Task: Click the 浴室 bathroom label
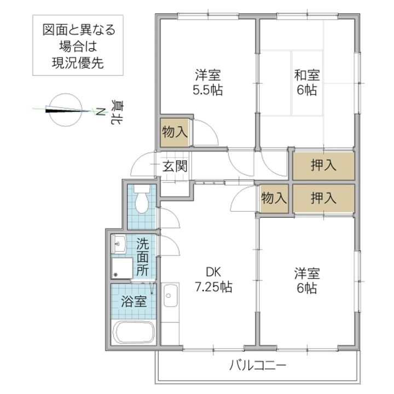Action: [134, 301]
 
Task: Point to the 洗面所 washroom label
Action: [143, 256]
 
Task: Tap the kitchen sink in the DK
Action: [170, 297]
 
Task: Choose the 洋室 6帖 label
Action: [307, 280]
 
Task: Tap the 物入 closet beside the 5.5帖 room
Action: [175, 132]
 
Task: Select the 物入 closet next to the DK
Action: [274, 198]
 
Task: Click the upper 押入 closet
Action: [323, 166]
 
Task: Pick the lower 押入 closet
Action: [323, 198]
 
